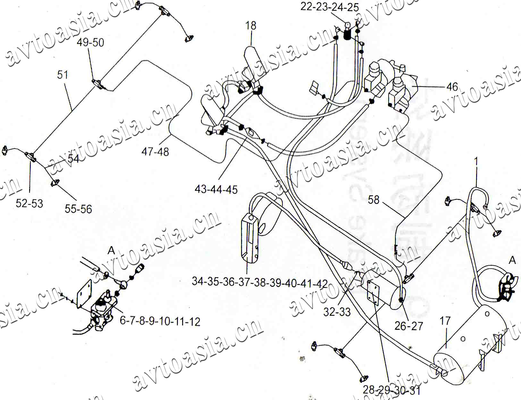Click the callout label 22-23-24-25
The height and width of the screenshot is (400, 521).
329,7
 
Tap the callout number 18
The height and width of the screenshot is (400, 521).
251,26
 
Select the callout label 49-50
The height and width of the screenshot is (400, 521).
90,42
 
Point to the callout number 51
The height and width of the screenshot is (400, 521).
63,75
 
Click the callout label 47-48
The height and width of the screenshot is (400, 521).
155,152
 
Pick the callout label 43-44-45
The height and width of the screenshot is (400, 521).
216,189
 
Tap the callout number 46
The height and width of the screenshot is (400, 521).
452,87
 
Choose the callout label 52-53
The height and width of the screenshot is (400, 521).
29,204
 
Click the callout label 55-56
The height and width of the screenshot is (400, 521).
78,209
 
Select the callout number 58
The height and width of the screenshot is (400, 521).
374,200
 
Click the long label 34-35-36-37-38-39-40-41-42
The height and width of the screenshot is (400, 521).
260,283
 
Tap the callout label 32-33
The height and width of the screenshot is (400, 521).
337,312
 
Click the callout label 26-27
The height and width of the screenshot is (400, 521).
409,326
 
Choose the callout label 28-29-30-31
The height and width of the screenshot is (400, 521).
391,390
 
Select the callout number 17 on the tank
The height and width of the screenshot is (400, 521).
445,321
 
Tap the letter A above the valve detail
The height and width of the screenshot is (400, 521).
111,250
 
